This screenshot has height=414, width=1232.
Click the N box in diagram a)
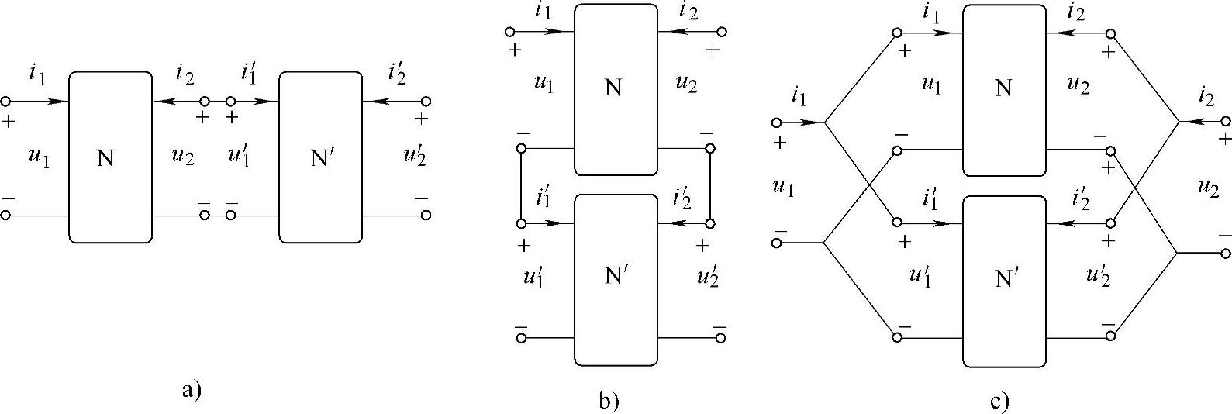pyautogui.click(x=109, y=157)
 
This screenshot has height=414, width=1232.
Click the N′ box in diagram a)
pyautogui.click(x=320, y=157)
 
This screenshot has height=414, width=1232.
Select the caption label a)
pyautogui.click(x=191, y=389)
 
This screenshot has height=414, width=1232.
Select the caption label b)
pyautogui.click(x=609, y=401)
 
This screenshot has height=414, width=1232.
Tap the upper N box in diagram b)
pyautogui.click(x=616, y=89)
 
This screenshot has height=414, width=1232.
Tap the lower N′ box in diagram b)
pyautogui.click(x=616, y=279)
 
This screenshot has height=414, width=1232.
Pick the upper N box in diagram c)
pyautogui.click(x=1004, y=89)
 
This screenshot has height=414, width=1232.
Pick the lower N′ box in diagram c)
pyautogui.click(x=1004, y=281)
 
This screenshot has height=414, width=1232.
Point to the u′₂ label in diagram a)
pyautogui.click(x=415, y=155)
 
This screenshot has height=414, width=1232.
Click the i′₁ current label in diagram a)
pyautogui.click(x=249, y=74)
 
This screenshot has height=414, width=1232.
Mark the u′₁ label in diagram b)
pyautogui.click(x=533, y=276)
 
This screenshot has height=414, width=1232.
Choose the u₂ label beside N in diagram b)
pyautogui.click(x=685, y=83)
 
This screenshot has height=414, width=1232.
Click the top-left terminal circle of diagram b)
pyautogui.click(x=509, y=32)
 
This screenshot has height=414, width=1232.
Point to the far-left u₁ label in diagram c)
pyautogui.click(x=783, y=187)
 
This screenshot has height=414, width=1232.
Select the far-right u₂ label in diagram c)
pyautogui.click(x=1207, y=187)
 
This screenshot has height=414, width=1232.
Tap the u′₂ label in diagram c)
pyautogui.click(x=1098, y=275)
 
